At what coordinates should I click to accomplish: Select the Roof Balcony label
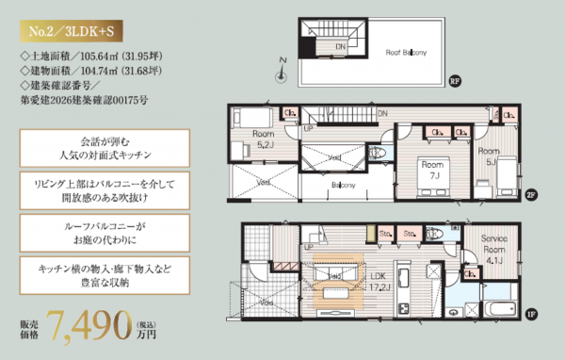(401, 54)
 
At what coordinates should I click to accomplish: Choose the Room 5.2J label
(265, 139)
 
